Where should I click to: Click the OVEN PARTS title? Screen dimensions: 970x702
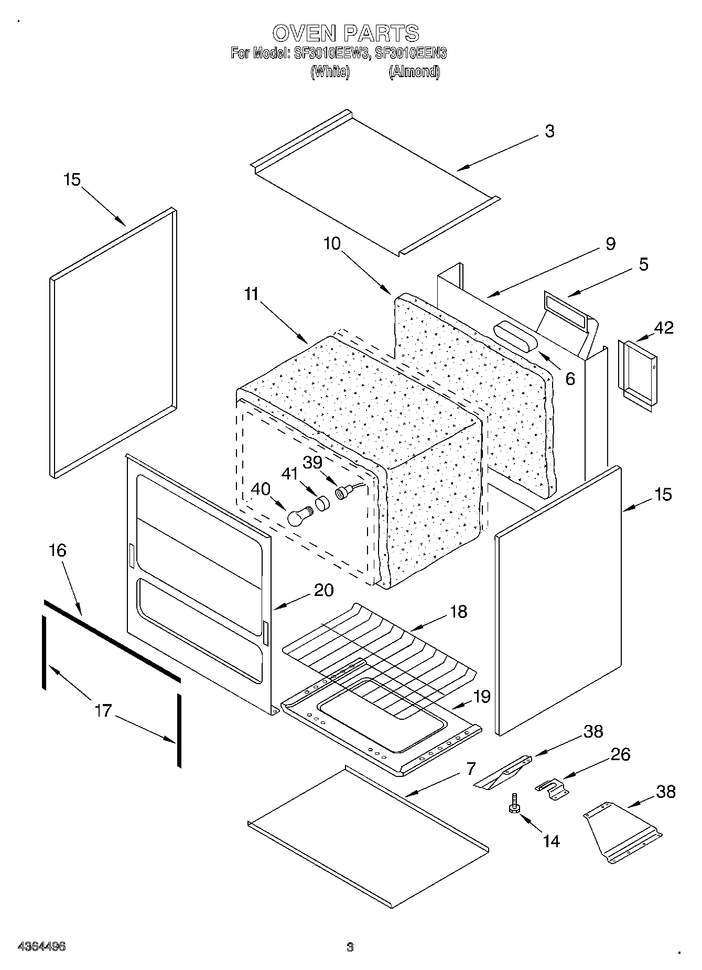[x=345, y=33]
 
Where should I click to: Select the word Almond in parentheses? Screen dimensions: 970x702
[x=414, y=71]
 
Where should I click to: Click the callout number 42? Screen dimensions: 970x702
[x=663, y=327]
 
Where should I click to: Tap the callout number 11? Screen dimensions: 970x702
[x=252, y=294]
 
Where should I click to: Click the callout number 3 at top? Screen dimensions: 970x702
[x=549, y=131]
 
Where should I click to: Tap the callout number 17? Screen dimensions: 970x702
[x=104, y=710]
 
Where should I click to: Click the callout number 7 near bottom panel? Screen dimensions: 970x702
[x=470, y=769]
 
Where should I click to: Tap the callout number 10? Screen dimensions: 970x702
[x=332, y=243]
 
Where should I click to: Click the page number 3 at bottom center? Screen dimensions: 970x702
[x=350, y=947]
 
